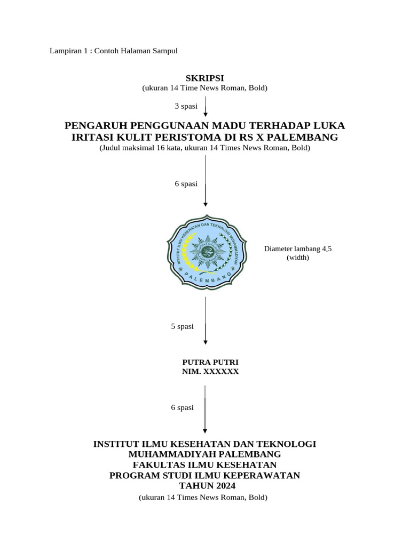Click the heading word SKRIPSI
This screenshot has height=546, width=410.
[204, 78]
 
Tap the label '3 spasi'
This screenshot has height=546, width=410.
[186, 106]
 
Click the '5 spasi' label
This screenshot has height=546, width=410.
[182, 326]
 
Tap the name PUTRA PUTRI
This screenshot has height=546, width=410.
[210, 363]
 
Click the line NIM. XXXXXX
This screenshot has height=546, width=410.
[210, 372]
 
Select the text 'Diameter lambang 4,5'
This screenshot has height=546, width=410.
[298, 249]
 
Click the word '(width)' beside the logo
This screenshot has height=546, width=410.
[298, 258]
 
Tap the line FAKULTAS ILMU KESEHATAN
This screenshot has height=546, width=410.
[204, 464]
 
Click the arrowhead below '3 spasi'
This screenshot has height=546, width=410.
[206, 114]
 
